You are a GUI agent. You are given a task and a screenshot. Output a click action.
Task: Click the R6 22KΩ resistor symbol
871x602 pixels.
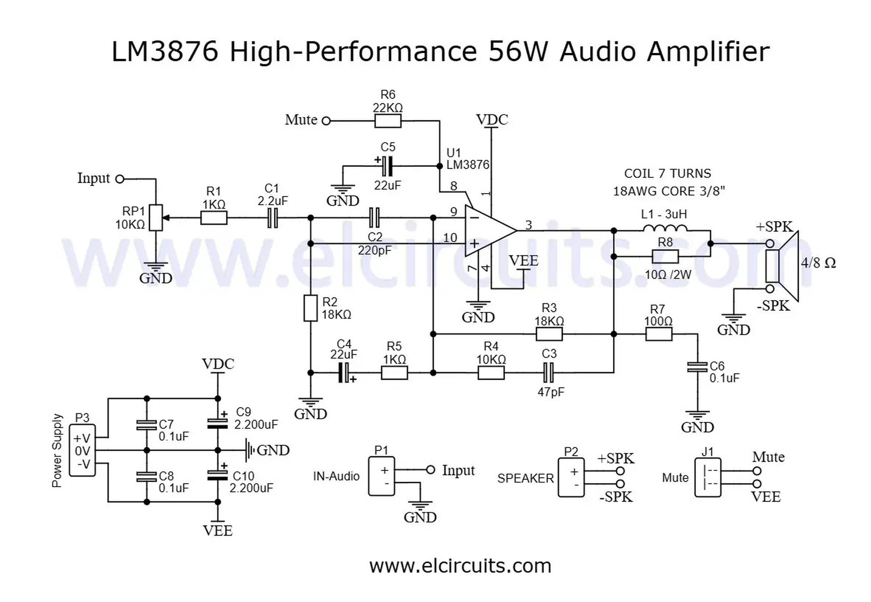click(388, 121)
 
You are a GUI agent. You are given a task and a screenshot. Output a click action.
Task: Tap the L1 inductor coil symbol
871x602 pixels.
click(665, 228)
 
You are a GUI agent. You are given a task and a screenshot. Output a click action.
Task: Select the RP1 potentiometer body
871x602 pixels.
click(156, 218)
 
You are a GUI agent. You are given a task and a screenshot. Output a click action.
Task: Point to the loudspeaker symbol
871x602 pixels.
click(783, 266)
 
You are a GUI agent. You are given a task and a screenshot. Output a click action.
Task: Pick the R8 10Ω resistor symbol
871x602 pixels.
click(665, 257)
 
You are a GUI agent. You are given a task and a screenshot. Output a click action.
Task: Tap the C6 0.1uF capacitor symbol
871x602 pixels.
click(697, 367)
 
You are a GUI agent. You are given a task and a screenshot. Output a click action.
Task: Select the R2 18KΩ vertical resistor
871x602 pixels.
click(311, 308)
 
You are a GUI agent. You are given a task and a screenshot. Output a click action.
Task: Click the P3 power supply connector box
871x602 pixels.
click(82, 450)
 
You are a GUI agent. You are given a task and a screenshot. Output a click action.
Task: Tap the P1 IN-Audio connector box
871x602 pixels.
click(381, 476)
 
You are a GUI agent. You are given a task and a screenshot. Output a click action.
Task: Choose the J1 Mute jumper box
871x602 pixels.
click(708, 477)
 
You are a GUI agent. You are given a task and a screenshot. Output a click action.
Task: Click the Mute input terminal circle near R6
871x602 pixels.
click(326, 121)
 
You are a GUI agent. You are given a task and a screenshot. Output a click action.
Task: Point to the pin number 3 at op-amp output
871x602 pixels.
click(529, 225)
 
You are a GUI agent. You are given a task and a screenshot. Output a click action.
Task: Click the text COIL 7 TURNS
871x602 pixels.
click(668, 173)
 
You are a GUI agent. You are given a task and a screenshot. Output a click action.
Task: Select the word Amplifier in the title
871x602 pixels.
click(708, 52)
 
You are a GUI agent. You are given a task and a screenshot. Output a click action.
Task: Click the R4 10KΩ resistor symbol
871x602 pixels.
click(491, 373)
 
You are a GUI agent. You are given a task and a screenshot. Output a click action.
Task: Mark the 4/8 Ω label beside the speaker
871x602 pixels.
click(818, 263)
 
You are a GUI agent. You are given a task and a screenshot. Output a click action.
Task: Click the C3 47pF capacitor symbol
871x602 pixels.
click(549, 373)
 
